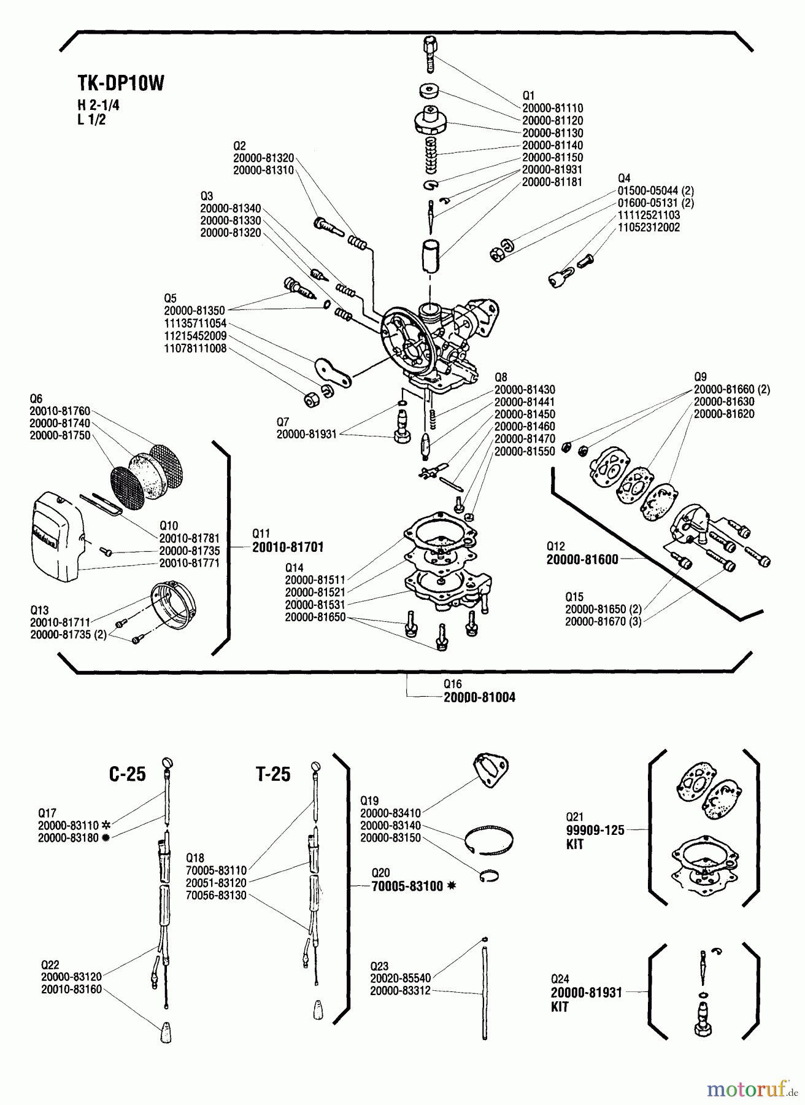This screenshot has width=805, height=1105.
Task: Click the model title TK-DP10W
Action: pos(121,83)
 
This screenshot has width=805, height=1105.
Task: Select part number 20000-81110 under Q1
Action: pos(552,108)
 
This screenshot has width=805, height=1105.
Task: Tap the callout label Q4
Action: pos(624,179)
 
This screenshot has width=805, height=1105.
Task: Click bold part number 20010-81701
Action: pos(288,546)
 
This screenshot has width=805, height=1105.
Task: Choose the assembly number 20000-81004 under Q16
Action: pos(479,697)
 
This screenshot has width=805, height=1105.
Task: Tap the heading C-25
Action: pos(128,774)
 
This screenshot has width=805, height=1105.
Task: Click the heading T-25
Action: pos(273,774)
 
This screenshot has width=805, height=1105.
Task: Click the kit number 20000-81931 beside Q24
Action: pos(586,993)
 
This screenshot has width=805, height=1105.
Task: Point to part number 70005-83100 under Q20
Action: pos(407,886)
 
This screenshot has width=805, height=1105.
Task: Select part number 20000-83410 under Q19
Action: pos(390,813)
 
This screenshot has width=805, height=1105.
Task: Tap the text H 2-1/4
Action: pos(98,105)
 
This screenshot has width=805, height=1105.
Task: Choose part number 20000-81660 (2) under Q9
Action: pos(731,389)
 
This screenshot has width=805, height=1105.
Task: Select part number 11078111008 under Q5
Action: pos(195,348)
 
